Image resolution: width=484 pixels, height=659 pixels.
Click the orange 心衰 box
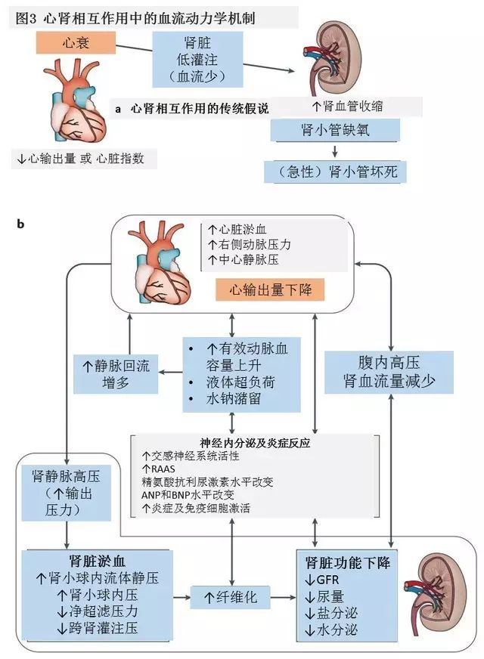point(75,43)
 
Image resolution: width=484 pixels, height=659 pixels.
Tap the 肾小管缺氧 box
point(333,130)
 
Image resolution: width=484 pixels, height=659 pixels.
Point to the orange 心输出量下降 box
point(269,289)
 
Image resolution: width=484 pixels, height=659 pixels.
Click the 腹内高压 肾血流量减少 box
point(389,372)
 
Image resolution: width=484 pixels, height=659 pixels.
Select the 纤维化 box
point(231,597)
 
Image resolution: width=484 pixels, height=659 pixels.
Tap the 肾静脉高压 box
point(66,491)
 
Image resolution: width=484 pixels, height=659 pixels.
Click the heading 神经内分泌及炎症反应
point(256,441)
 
